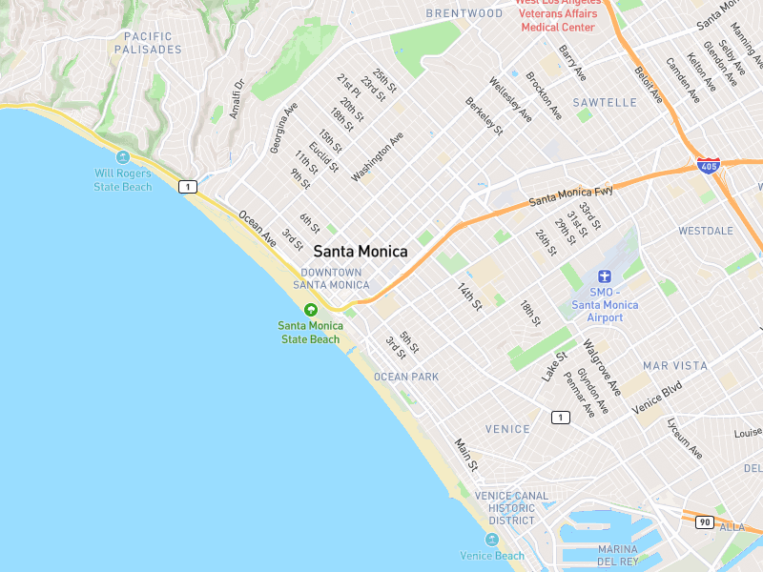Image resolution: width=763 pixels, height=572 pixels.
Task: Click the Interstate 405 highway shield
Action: click(x=708, y=166)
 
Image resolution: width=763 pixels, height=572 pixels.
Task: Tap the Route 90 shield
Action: click(x=704, y=521)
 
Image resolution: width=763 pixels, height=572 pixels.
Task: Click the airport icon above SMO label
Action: click(x=604, y=276)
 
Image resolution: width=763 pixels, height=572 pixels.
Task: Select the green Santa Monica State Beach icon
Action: click(x=310, y=309)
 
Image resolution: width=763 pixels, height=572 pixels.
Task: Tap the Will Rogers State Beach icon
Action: click(x=122, y=157)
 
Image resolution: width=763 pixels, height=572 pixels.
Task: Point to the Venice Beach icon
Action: click(x=492, y=540)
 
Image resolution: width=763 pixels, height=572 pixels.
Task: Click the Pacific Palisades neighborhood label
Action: click(x=148, y=43)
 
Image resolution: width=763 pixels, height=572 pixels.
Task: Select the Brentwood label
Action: click(x=464, y=13)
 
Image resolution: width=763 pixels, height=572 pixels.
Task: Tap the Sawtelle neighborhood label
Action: click(x=605, y=102)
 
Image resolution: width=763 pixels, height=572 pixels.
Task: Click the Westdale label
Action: click(x=706, y=231)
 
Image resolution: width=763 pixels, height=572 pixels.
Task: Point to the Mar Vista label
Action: click(x=675, y=366)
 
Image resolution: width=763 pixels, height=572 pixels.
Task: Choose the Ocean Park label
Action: click(x=406, y=377)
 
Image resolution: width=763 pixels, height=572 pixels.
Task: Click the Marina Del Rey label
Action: click(x=618, y=555)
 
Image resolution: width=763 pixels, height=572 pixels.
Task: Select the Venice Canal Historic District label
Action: click(x=512, y=508)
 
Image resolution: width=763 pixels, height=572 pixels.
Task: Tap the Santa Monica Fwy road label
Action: click(x=570, y=196)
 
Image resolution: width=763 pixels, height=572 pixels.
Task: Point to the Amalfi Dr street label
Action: click(x=237, y=100)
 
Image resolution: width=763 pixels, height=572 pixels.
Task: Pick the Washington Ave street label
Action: click(x=378, y=156)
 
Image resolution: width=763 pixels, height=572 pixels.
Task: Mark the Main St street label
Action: click(x=466, y=455)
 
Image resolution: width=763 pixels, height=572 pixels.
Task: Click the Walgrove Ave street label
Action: click(x=602, y=368)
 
